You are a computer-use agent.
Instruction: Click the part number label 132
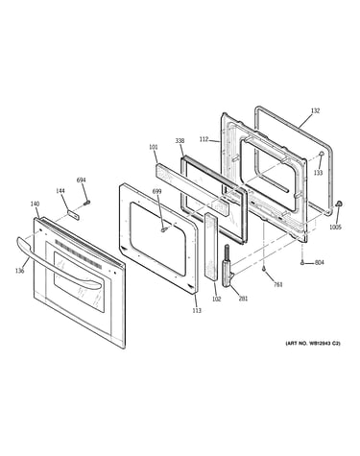[315, 110]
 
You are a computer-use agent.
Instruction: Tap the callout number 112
[204, 139]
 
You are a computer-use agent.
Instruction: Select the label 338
[180, 141]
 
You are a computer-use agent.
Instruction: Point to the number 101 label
[154, 147]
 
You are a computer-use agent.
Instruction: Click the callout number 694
[81, 180]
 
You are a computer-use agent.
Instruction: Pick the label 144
[60, 191]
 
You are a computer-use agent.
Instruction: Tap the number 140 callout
[35, 204]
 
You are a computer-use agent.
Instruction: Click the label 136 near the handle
[19, 271]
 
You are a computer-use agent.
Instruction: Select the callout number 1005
[335, 228]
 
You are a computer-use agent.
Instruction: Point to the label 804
[319, 262]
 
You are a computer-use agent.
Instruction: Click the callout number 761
[278, 284]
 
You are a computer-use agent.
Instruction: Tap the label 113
[197, 310]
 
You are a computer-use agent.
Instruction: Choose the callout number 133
[318, 173]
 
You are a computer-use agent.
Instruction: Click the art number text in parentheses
[313, 344]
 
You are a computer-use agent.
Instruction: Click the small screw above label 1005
[339, 204]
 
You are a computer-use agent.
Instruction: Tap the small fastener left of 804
[302, 263]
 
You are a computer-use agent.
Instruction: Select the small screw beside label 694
[86, 203]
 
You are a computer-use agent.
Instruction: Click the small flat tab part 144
[73, 215]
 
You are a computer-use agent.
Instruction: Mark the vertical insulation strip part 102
[211, 247]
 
